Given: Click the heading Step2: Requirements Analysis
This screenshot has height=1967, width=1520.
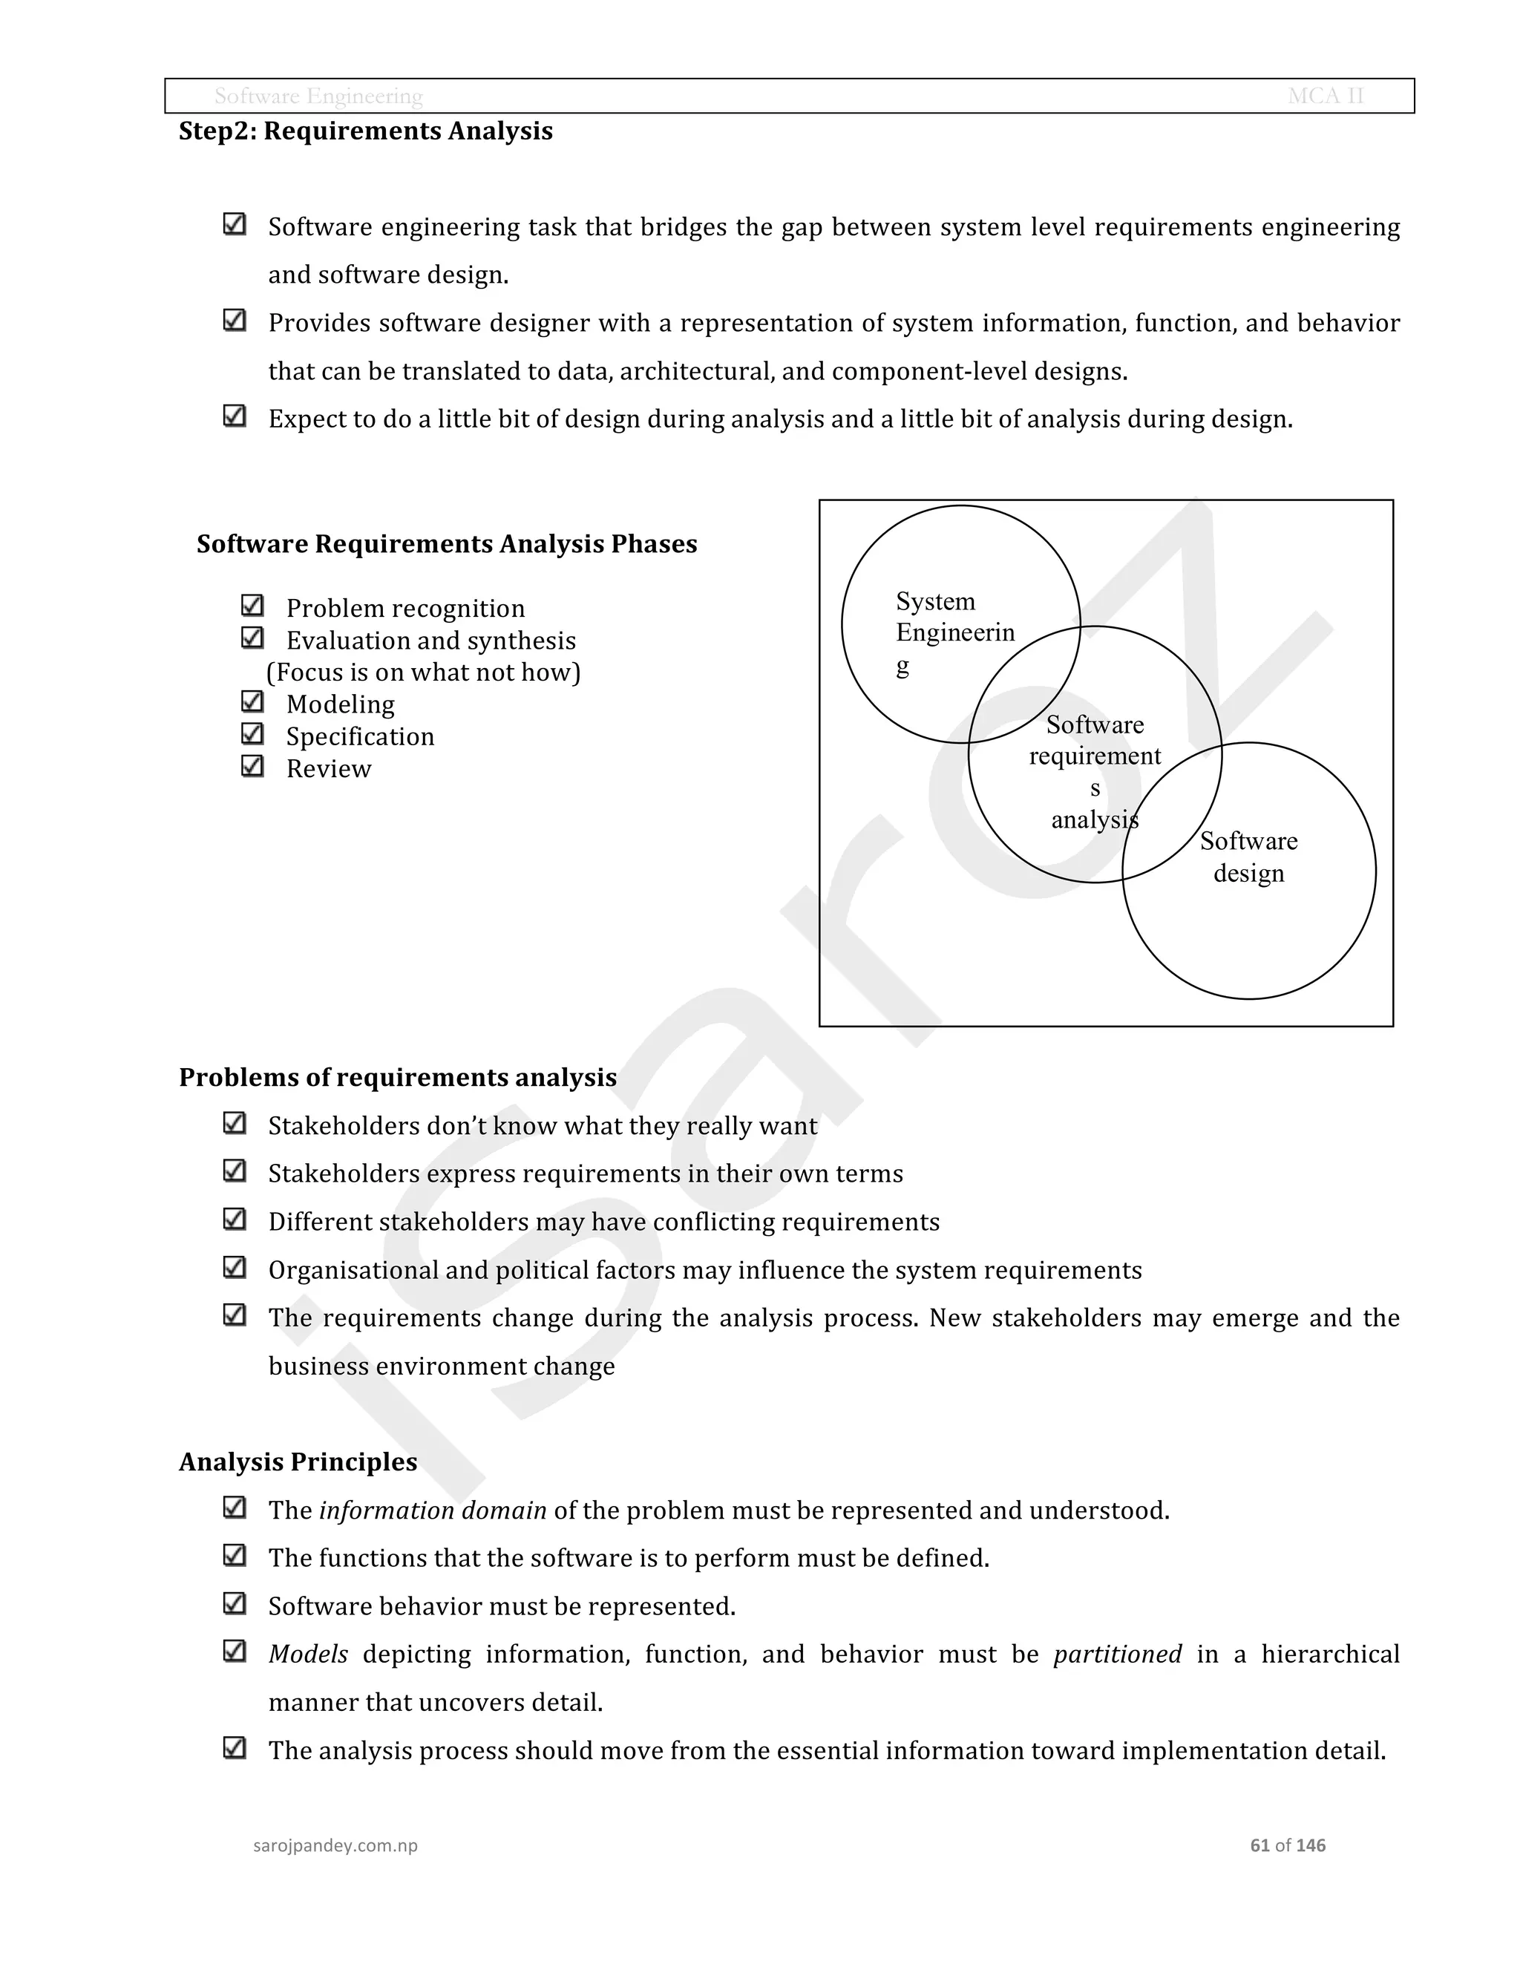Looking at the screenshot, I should pos(366,131).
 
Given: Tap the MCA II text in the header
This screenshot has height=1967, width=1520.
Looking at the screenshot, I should pos(1326,96).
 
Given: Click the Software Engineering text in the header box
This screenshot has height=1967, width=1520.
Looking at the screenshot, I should pos(318,96).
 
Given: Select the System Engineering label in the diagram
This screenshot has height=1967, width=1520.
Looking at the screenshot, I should pos(954,632).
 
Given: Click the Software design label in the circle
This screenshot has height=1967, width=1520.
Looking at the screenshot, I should pos(1248,857).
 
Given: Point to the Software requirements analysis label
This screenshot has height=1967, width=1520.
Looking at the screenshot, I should pos(1094,771).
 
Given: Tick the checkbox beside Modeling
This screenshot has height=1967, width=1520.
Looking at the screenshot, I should pos(252,701).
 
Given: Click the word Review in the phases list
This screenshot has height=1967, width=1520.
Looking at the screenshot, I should pos(329,768).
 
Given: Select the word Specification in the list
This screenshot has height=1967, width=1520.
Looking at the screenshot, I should pos(360,737).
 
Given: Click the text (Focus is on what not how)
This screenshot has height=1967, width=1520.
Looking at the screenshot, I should pos(423,672).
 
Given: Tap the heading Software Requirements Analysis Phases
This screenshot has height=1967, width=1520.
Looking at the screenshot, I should pos(447,544).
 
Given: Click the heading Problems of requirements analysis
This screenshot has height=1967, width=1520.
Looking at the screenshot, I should pos(397,1077).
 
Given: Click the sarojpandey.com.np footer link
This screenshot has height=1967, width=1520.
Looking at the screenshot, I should pos(335,1845).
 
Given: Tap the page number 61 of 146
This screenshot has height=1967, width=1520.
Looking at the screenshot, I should pos(1287,1845).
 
